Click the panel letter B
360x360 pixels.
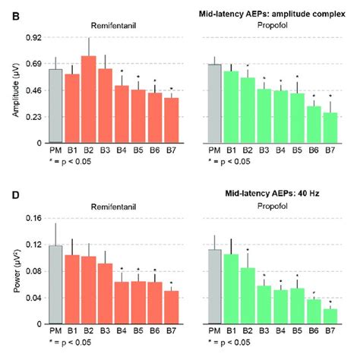click(8, 14)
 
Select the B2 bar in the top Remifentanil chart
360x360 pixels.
click(89, 99)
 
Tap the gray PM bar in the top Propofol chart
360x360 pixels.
click(215, 103)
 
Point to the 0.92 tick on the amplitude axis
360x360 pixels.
click(33, 38)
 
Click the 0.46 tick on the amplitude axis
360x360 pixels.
click(33, 90)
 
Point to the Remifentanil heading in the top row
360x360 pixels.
click(105, 24)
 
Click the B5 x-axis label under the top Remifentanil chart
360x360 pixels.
click(138, 151)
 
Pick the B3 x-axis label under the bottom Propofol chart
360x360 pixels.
click(264, 333)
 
